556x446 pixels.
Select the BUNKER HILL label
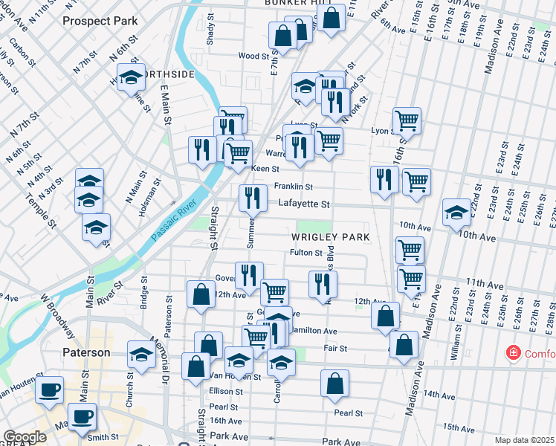coord(297,3)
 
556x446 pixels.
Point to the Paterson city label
coord(85,352)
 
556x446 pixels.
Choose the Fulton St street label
coord(305,253)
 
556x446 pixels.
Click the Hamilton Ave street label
coord(316,331)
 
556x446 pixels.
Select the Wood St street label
coord(253,56)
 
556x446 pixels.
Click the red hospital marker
coord(512,352)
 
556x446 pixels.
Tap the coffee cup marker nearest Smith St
coord(82,416)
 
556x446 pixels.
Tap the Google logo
coord(24,437)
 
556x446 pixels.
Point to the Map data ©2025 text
coord(524,440)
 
